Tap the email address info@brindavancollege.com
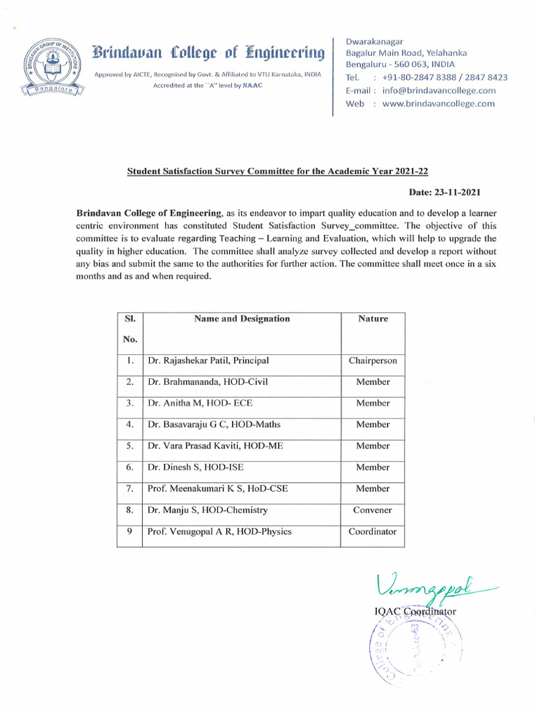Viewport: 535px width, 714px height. click(x=439, y=91)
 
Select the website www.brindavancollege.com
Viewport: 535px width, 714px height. click(x=438, y=104)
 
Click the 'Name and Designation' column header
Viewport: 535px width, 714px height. click(x=242, y=319)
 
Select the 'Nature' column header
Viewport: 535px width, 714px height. click(x=373, y=319)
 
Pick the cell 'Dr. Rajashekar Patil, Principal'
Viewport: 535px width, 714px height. click(x=208, y=361)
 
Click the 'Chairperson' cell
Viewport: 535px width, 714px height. click(x=373, y=361)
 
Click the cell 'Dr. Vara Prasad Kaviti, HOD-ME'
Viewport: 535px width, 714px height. click(x=215, y=446)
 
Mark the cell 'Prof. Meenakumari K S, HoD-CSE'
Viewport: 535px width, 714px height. click(x=217, y=489)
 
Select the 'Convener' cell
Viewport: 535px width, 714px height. click(x=373, y=510)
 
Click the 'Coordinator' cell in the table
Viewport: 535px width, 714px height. click(x=373, y=531)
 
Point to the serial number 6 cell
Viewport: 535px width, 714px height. click(x=130, y=467)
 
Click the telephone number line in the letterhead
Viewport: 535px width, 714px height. click(x=426, y=77)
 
